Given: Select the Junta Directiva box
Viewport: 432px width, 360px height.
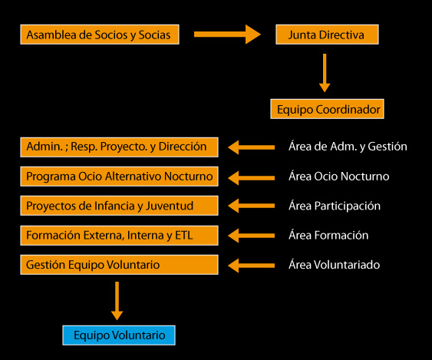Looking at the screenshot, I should click(x=326, y=35).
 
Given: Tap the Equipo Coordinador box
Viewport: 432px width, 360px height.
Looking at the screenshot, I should click(x=326, y=109).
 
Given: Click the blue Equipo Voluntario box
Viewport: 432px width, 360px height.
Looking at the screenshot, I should click(x=119, y=335).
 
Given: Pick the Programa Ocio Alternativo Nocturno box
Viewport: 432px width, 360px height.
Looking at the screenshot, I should click(x=119, y=176).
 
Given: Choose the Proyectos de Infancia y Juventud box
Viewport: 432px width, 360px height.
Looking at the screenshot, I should click(x=119, y=205).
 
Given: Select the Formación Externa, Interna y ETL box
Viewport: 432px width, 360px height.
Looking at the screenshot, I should click(x=119, y=235).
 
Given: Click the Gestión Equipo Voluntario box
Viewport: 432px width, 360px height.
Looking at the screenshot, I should click(x=119, y=264).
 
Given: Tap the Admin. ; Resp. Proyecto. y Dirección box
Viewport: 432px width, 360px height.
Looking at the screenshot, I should click(x=119, y=146).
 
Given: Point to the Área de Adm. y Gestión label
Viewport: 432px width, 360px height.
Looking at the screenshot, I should click(x=348, y=146).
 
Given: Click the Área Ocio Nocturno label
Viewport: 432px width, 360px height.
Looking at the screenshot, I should click(x=338, y=176).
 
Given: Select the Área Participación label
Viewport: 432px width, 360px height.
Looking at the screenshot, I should click(x=335, y=206).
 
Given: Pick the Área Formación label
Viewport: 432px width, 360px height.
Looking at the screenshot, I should click(x=328, y=235).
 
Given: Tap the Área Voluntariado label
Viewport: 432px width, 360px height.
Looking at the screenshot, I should click(x=334, y=265).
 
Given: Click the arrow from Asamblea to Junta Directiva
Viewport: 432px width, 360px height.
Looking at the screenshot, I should click(x=228, y=35).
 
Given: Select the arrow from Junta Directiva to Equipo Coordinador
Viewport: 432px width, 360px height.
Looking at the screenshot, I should click(x=325, y=73).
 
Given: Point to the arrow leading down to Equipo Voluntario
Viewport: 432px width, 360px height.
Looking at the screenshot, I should click(x=117, y=300).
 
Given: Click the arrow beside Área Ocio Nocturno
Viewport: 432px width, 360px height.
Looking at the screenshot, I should click(x=251, y=177).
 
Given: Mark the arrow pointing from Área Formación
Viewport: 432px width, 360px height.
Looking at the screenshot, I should click(x=251, y=236).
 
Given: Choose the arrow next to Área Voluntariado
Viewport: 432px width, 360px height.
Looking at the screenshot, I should click(x=251, y=265).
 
